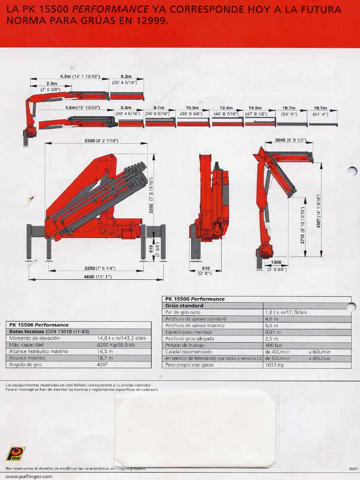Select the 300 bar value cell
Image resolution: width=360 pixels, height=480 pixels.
pyautogui.click(x=274, y=345)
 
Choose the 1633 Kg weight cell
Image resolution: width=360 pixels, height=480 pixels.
pyautogui.click(x=275, y=365)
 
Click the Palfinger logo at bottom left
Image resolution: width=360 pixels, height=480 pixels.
pyautogui.click(x=15, y=454)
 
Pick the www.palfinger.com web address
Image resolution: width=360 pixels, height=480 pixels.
pyautogui.click(x=29, y=476)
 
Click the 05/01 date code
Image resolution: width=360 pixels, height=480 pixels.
pyautogui.click(x=353, y=468)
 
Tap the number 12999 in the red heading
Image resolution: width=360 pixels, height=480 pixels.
pyautogui.click(x=149, y=21)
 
